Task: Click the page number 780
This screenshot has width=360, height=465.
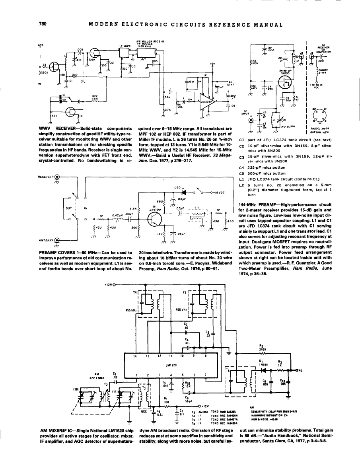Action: tap(43, 24)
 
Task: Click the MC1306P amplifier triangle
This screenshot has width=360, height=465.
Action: tap(206, 101)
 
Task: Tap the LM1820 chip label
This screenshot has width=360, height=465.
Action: tap(170, 363)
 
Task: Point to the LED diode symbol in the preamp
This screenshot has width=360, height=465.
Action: tap(183, 192)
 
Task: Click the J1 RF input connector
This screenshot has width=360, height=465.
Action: tap(251, 120)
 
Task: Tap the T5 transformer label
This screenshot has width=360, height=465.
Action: tap(185, 292)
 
